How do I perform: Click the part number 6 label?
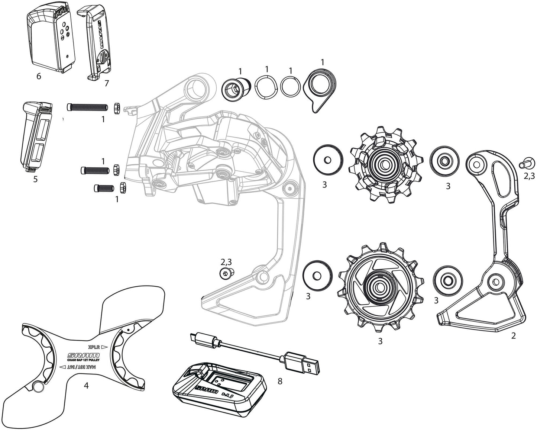(x=39, y=77)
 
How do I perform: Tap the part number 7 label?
(x=107, y=83)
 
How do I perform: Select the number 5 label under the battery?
(x=35, y=179)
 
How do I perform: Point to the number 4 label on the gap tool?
(x=86, y=386)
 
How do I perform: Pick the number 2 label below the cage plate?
(x=513, y=336)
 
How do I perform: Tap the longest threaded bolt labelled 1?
(x=88, y=107)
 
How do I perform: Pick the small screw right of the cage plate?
(x=525, y=163)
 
